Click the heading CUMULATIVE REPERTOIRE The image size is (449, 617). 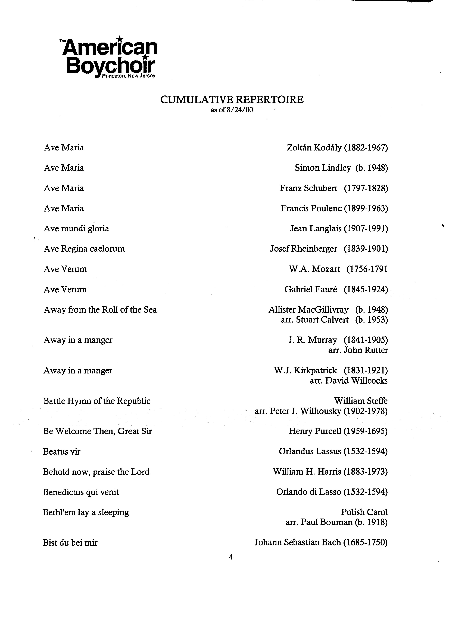(x=231, y=100)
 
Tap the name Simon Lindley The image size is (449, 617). (x=323, y=168)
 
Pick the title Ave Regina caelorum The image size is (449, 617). (x=84, y=249)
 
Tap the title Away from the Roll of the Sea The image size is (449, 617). (x=100, y=310)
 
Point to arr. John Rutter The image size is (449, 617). (x=358, y=350)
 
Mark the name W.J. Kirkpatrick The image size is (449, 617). (x=305, y=370)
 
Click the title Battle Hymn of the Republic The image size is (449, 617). (x=97, y=401)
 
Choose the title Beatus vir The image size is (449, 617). (x=62, y=452)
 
